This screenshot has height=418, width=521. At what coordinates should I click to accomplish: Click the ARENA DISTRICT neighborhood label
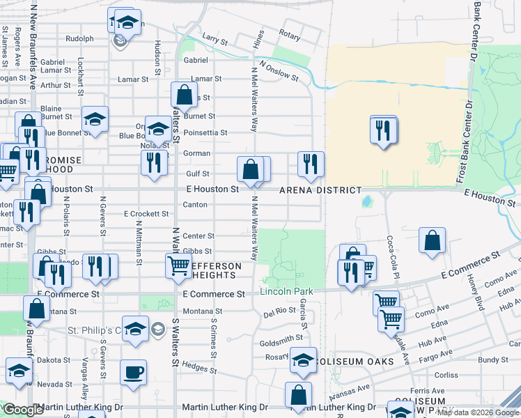pos(320,190)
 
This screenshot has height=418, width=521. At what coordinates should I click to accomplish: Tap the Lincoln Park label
pos(286,291)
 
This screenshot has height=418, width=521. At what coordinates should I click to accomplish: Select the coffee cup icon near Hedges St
pos(133,371)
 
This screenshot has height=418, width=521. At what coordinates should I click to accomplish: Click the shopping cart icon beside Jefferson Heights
pos(179,265)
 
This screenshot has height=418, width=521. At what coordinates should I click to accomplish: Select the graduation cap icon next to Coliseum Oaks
pos(303,359)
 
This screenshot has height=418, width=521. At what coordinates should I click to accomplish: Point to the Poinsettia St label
pos(204,132)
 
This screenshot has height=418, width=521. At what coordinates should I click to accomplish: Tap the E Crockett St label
pos(146,214)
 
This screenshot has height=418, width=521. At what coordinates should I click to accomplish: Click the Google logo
pos(24,410)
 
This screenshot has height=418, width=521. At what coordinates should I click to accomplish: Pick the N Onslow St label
pos(279,71)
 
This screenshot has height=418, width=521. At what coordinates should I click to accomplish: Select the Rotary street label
pos(289,34)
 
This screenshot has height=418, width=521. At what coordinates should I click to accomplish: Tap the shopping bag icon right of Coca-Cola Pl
pos(433,240)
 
